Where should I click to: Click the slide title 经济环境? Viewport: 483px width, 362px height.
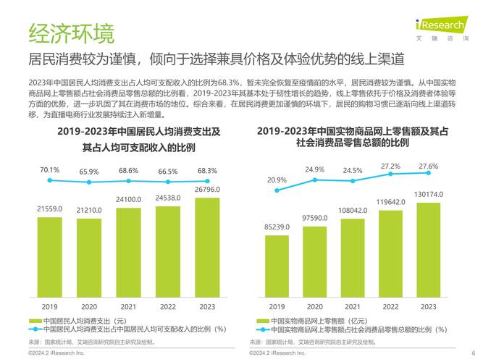pyautogui.click(x=70, y=33)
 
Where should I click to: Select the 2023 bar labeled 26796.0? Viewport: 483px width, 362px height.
pyautogui.click(x=207, y=246)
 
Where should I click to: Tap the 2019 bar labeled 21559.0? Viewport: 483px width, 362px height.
pyautogui.click(x=50, y=256)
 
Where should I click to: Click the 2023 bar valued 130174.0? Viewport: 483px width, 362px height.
pyautogui.click(x=429, y=248)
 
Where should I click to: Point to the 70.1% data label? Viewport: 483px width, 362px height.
pyautogui.click(x=50, y=170)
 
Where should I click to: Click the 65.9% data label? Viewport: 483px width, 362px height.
pyautogui.click(x=89, y=172)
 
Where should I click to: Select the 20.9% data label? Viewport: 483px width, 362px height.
pyautogui.click(x=276, y=179)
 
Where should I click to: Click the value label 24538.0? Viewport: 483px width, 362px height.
pyautogui.click(x=168, y=197)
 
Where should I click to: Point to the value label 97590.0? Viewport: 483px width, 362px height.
pyautogui.click(x=314, y=217)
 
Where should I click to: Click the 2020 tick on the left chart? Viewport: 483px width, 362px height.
pyautogui.click(x=89, y=306)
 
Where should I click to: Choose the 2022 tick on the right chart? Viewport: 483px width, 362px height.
pyautogui.click(x=390, y=306)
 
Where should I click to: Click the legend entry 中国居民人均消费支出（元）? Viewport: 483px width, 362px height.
pyautogui.click(x=84, y=320)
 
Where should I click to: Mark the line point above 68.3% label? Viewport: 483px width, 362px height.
pyautogui.click(x=207, y=181)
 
